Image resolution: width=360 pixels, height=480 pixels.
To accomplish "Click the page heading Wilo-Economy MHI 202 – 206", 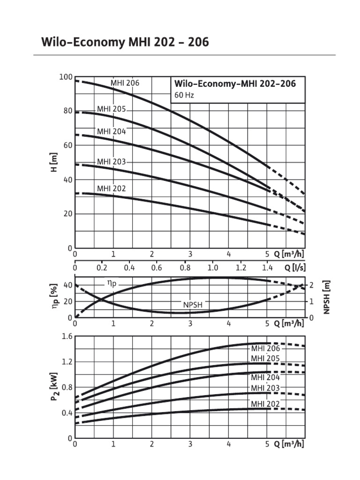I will click(x=125, y=43).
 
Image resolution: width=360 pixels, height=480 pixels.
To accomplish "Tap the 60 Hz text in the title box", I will click(x=184, y=95).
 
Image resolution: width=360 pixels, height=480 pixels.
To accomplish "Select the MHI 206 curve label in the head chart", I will click(x=125, y=83).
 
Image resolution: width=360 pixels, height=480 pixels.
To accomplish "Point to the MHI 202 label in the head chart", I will click(x=111, y=188).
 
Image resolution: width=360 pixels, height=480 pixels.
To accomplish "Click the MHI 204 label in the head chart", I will click(x=111, y=131).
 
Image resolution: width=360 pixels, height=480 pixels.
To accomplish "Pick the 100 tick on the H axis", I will click(x=66, y=77).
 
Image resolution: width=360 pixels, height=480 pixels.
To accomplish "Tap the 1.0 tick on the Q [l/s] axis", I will click(x=213, y=267).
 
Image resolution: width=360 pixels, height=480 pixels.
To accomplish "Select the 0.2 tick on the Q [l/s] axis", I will click(x=102, y=267).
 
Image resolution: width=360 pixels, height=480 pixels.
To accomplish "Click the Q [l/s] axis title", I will click(x=294, y=267).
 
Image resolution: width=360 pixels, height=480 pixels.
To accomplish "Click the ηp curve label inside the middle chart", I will click(x=111, y=283).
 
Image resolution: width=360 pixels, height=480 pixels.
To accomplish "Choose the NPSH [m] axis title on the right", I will click(x=327, y=298).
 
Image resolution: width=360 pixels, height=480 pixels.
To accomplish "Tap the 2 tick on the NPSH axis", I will click(x=311, y=285).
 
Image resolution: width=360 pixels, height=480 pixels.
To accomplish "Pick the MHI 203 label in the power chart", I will click(x=265, y=388).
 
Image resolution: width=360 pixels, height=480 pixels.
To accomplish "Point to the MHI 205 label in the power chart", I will click(x=265, y=359).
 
